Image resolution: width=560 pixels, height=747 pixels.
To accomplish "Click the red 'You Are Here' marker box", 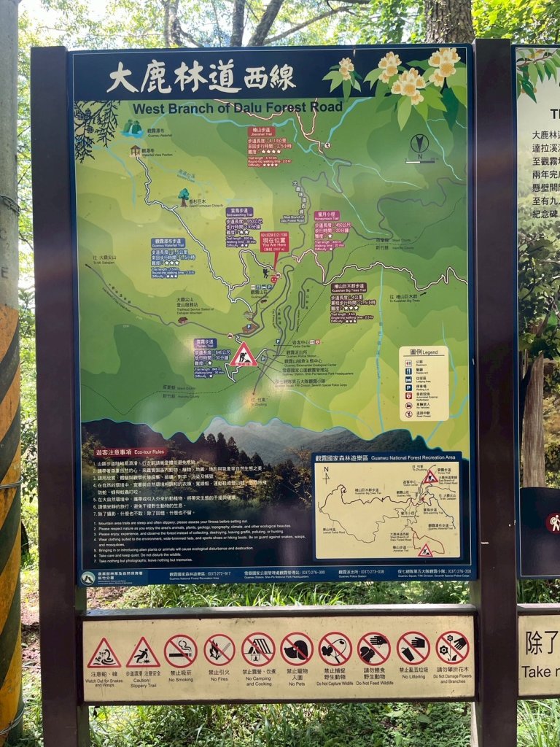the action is (274, 242).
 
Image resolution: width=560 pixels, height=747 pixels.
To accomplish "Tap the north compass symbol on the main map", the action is (419, 144).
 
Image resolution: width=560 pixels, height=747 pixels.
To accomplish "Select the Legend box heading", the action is (424, 351).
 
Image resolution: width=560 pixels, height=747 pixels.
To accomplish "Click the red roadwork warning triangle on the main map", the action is (243, 355).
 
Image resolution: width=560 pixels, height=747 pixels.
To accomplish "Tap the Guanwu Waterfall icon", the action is (132, 128).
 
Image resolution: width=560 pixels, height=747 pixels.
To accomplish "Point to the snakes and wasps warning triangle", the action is (104, 654).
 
